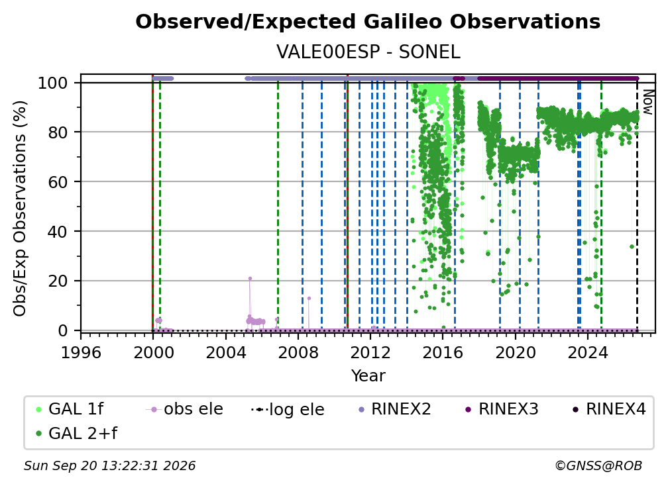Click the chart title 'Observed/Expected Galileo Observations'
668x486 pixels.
click(368, 22)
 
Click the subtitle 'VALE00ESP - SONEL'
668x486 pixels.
click(368, 52)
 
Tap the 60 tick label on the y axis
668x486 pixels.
click(58, 181)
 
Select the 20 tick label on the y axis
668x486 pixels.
click(58, 281)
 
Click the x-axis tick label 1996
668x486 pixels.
click(81, 353)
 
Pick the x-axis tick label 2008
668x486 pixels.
click(298, 353)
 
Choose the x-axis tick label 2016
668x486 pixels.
click(443, 353)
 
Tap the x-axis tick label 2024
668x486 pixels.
click(587, 353)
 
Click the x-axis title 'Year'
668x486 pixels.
click(368, 376)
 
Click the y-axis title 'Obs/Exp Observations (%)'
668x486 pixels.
click(20, 208)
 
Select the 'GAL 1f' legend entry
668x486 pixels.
click(70, 409)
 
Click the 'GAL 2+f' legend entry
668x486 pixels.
click(76, 434)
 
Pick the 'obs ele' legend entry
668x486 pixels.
click(184, 409)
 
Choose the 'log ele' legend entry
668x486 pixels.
click(288, 410)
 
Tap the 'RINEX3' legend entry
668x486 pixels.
click(502, 409)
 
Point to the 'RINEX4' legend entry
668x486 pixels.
click(609, 409)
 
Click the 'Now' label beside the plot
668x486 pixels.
click(647, 102)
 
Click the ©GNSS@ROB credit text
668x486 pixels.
click(598, 466)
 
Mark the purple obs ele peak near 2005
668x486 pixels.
click(250, 279)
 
